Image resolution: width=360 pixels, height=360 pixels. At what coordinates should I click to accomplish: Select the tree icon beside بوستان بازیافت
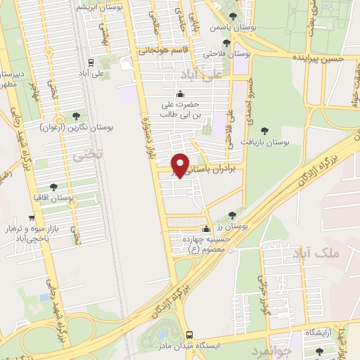pyautogui.click(x=264, y=130)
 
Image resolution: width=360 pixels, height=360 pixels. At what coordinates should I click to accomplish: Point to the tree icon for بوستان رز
pyautogui.click(x=233, y=215)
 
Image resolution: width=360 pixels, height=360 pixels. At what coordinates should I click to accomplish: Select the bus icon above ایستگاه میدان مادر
pyautogui.click(x=188, y=335)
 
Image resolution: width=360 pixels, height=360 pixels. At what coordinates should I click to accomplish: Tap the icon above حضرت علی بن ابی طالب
pyautogui.click(x=180, y=94)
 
